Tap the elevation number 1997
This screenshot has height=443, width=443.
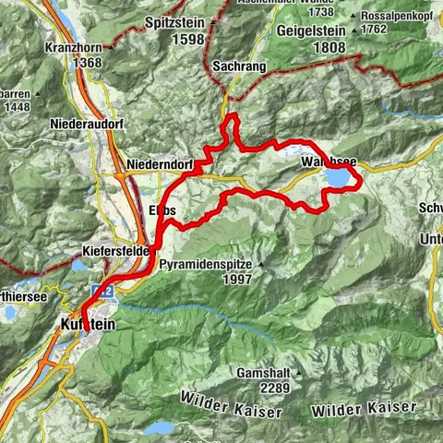pos(239,279)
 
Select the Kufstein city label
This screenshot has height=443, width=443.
pos(90,324)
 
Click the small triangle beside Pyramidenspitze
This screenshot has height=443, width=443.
pos(261,264)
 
